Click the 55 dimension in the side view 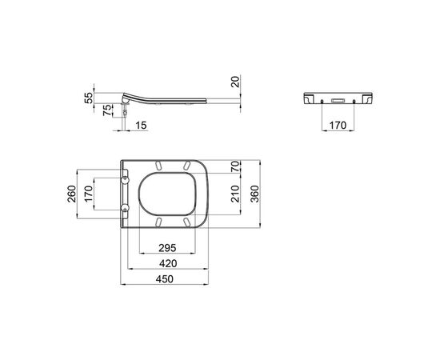click(x=88, y=98)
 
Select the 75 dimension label click(x=107, y=110)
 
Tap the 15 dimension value click(x=141, y=125)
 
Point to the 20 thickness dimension click(x=236, y=82)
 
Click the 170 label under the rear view click(x=338, y=125)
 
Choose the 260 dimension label click(x=72, y=194)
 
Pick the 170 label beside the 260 click(x=88, y=194)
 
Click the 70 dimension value click(x=236, y=166)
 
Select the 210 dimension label click(x=236, y=194)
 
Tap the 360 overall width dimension click(x=255, y=194)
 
